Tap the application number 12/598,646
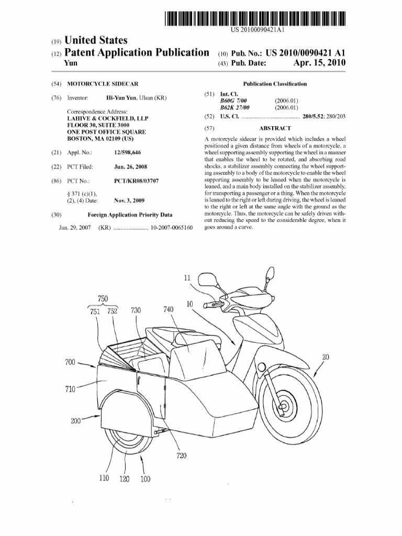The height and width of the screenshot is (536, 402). click(x=127, y=152)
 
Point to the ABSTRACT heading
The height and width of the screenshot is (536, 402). click(x=274, y=128)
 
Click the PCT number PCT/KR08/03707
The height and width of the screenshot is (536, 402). click(x=136, y=181)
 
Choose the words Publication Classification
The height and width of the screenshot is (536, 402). click(x=275, y=84)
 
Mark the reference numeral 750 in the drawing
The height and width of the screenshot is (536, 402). click(x=103, y=298)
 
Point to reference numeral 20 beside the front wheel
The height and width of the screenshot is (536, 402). click(x=326, y=357)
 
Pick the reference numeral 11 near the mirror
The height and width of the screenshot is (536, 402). click(x=187, y=277)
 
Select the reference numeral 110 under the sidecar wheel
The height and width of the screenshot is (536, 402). click(x=103, y=478)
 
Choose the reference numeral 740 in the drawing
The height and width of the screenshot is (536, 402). click(x=168, y=309)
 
